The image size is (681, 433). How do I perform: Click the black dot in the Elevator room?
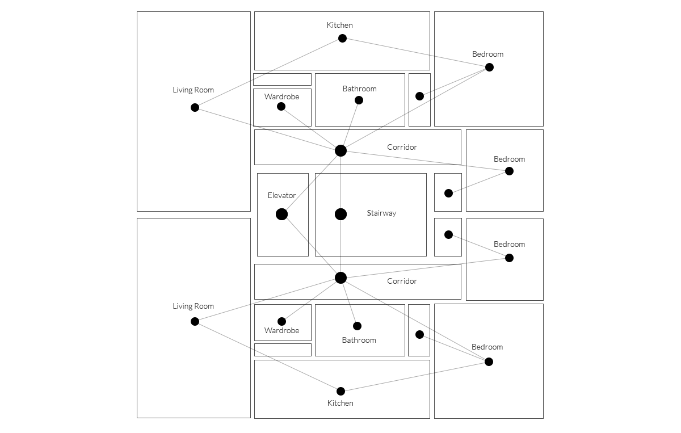pos(281,214)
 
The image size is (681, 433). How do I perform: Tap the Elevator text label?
pos(281,196)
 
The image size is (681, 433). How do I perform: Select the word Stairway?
pos(381,213)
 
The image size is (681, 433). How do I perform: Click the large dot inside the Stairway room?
pos(340,214)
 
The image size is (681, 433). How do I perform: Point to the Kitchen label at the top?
pos(339,25)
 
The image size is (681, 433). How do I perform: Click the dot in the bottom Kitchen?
pos(340,391)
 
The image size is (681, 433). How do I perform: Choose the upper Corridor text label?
pos(402,148)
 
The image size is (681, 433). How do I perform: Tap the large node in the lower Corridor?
pos(340,278)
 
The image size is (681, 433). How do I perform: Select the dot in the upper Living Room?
pos(195,107)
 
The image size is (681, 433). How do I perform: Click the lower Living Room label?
pos(193,306)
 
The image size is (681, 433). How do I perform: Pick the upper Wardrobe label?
pos(281,97)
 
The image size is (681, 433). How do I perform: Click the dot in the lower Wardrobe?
pos(281,321)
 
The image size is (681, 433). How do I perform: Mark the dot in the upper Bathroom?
pos(359,100)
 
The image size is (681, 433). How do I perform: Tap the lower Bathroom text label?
pos(359,340)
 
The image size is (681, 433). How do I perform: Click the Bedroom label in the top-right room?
pos(487,54)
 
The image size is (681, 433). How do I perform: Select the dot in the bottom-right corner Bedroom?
pos(489,361)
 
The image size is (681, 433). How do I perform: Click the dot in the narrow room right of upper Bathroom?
pos(419,96)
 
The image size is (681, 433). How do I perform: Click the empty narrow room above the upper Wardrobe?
pos(282,79)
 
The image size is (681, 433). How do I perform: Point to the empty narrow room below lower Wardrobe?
pos(282,350)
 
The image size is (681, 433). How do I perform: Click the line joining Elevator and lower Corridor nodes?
pos(311,246)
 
